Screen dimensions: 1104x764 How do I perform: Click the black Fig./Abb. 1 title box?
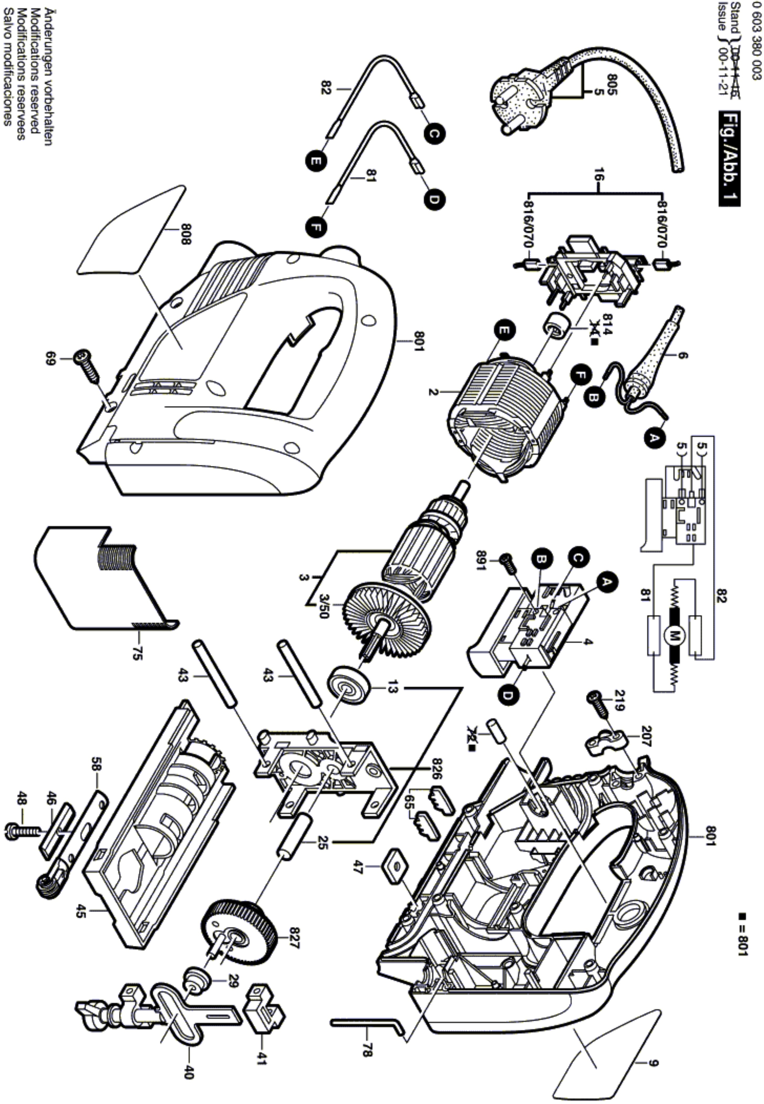coord(729,158)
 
